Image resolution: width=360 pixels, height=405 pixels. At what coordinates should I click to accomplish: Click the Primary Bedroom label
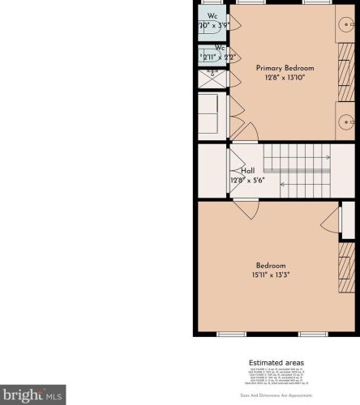click(x=285, y=68)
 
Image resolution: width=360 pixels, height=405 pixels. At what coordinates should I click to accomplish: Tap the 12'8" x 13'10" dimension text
click(x=285, y=78)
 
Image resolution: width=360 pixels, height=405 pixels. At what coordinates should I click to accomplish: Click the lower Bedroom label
click(x=271, y=266)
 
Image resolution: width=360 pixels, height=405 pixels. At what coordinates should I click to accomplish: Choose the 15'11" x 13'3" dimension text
click(x=271, y=275)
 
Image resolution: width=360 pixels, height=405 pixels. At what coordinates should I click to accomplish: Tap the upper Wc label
click(x=213, y=16)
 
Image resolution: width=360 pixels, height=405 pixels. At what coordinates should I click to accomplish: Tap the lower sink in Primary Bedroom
click(x=346, y=122)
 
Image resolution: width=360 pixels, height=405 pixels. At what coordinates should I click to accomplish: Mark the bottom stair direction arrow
click(x=304, y=185)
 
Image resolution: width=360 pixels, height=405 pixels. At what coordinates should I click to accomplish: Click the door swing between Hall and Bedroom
click(x=244, y=204)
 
